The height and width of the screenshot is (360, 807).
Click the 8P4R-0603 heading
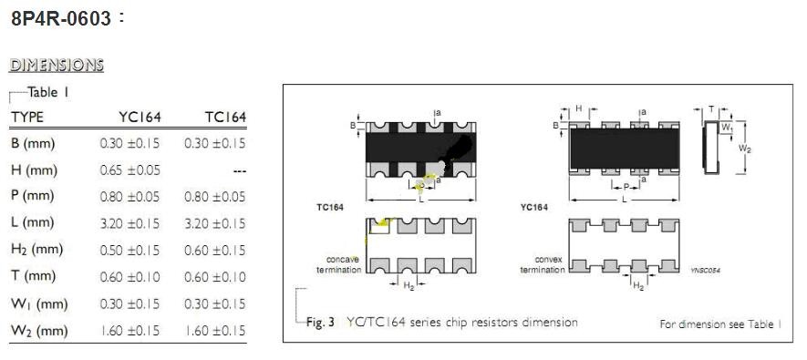pyautogui.click(x=61, y=19)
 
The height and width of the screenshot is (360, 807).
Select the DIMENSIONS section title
pyautogui.click(x=57, y=66)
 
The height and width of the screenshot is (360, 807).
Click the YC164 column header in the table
pyautogui.click(x=140, y=118)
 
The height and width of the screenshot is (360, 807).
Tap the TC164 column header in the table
pyautogui.click(x=225, y=118)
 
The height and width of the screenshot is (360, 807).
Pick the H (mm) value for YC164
pyautogui.click(x=130, y=170)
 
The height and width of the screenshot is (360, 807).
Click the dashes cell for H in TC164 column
pyautogui.click(x=239, y=171)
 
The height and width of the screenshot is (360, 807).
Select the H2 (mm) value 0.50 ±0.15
pyautogui.click(x=130, y=250)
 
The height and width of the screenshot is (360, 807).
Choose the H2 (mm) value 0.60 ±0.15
pyautogui.click(x=215, y=250)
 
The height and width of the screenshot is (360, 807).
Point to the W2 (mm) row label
pyautogui.click(x=39, y=331)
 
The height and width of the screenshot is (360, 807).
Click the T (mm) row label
pyautogui.click(x=32, y=277)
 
